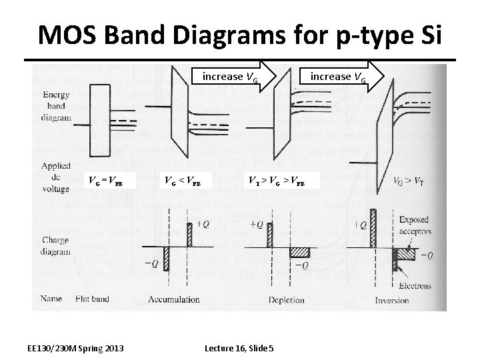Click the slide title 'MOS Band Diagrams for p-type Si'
click(x=239, y=35)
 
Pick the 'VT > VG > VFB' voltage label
click(x=276, y=180)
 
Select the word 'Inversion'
click(x=392, y=300)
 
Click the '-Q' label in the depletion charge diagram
click(x=301, y=265)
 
